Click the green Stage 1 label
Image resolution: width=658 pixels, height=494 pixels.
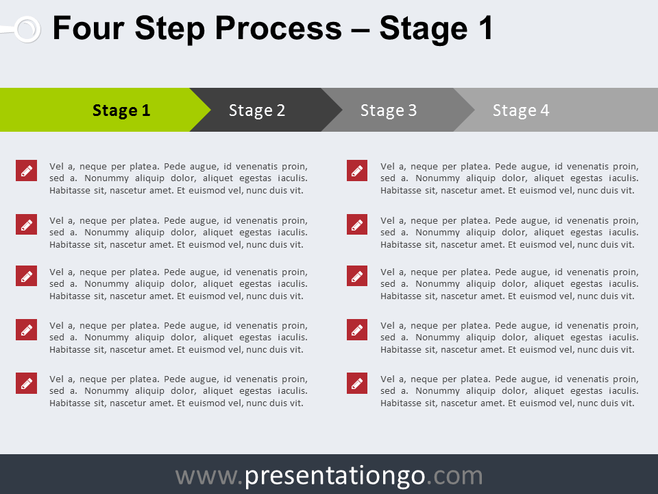(121, 110)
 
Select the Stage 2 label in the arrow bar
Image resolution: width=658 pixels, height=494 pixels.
(256, 110)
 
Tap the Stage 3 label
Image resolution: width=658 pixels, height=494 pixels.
(389, 110)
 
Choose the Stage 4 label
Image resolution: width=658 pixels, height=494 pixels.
(521, 110)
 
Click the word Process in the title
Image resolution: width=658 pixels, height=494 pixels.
(277, 29)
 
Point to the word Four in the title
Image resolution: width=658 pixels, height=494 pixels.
(88, 29)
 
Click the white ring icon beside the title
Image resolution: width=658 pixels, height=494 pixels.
(27, 29)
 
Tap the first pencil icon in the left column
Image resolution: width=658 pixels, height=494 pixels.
(26, 171)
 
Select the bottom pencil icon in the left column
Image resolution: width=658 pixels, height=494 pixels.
(26, 383)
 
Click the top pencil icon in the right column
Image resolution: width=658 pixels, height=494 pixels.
(357, 171)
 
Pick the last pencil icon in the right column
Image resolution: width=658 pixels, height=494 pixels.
(357, 383)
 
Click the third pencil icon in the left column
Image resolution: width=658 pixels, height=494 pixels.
(26, 277)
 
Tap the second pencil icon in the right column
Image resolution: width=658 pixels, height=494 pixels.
(357, 224)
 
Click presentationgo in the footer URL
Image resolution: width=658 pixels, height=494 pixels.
(335, 475)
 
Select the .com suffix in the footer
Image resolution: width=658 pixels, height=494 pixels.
(454, 475)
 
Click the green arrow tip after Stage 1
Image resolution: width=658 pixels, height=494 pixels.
(200, 110)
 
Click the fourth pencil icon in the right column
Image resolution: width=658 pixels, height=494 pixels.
(357, 329)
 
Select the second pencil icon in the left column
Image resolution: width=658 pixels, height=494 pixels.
(26, 224)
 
